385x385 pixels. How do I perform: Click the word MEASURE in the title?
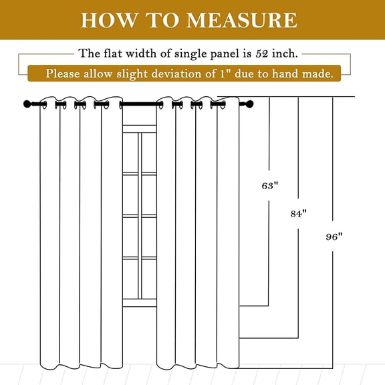click(242, 20)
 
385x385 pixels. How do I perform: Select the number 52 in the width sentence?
click(262, 53)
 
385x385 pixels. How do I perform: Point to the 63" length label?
click(270, 186)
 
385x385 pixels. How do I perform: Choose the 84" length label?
click(299, 214)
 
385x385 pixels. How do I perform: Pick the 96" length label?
click(334, 237)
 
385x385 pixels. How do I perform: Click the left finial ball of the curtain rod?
click(27, 104)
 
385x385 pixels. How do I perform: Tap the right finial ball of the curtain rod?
click(249, 104)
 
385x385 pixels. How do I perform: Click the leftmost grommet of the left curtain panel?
click(44, 105)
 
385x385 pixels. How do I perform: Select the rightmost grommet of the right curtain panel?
click(223, 105)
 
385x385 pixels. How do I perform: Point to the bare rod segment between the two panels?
click(140, 104)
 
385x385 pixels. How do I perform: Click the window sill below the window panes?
click(140, 303)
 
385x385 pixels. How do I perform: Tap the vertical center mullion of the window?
click(140, 216)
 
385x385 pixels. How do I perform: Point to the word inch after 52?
click(285, 53)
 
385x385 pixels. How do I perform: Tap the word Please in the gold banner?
click(63, 74)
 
